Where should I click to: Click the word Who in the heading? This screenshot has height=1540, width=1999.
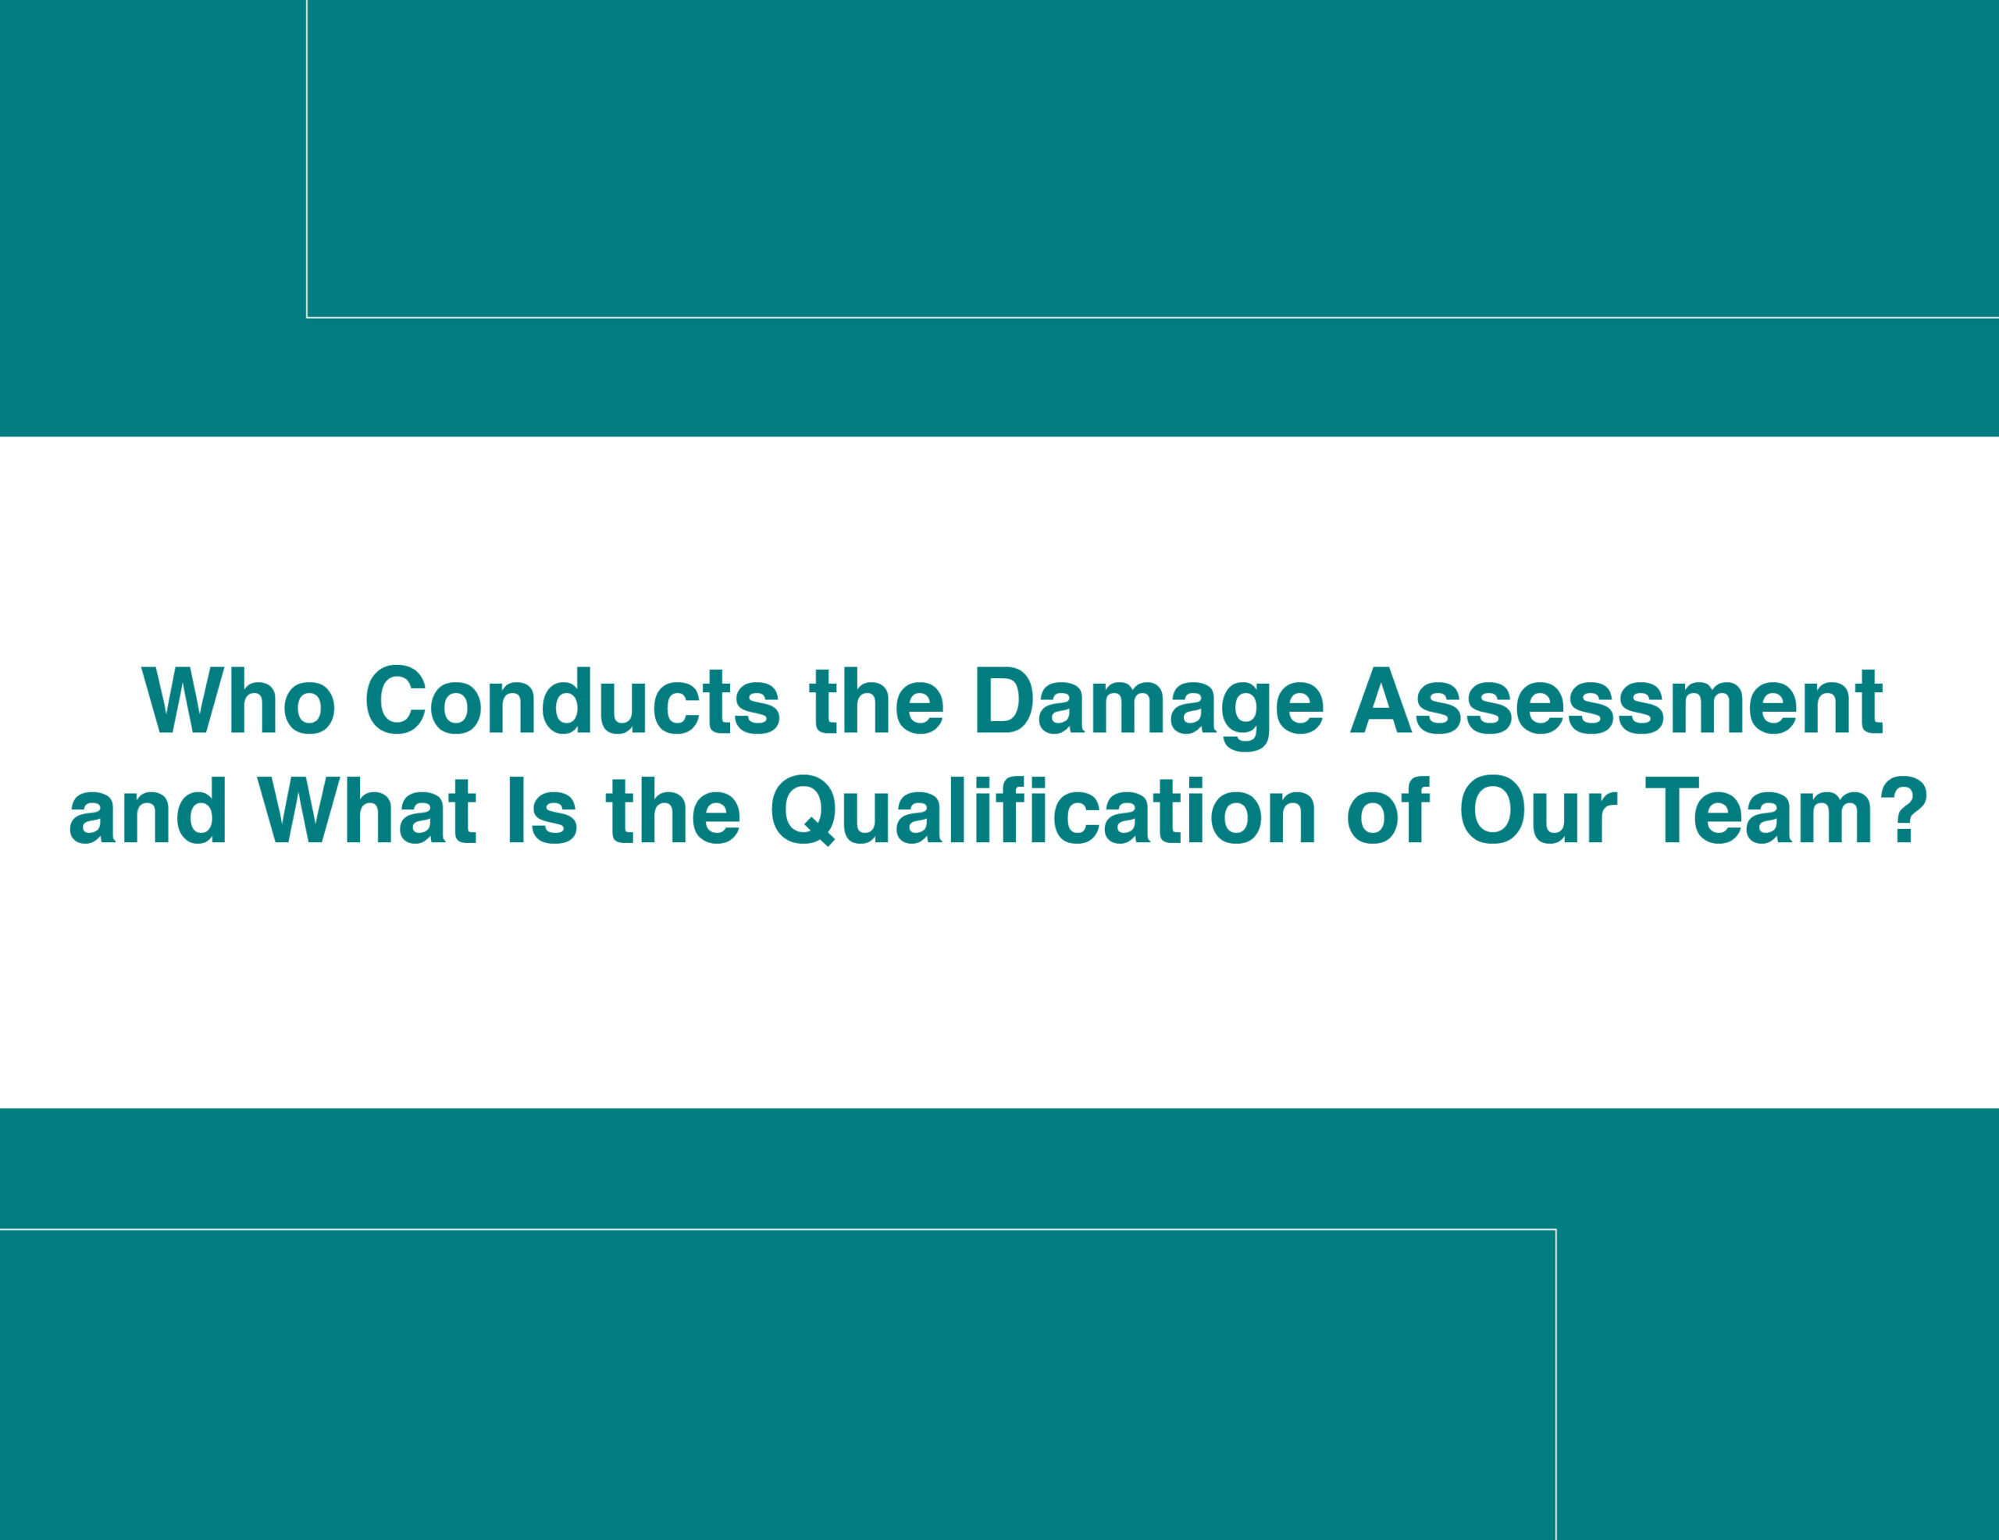[239, 700]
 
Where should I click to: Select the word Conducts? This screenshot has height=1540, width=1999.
[573, 700]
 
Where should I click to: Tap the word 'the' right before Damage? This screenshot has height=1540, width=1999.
[877, 700]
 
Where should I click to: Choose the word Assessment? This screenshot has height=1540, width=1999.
[1617, 700]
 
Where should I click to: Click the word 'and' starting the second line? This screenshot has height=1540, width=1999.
[148, 810]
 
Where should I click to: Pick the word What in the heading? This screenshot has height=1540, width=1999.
[367, 810]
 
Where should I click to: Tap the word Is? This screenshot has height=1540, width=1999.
[542, 810]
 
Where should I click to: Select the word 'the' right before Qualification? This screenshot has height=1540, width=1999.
[674, 810]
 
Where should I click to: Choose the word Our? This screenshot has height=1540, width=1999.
[1537, 810]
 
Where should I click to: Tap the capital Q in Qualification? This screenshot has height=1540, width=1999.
[804, 811]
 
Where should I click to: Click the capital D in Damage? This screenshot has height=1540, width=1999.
[1005, 700]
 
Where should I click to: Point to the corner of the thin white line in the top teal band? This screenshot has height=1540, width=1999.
[307, 318]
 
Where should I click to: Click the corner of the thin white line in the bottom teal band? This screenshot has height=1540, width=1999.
[1556, 1230]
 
